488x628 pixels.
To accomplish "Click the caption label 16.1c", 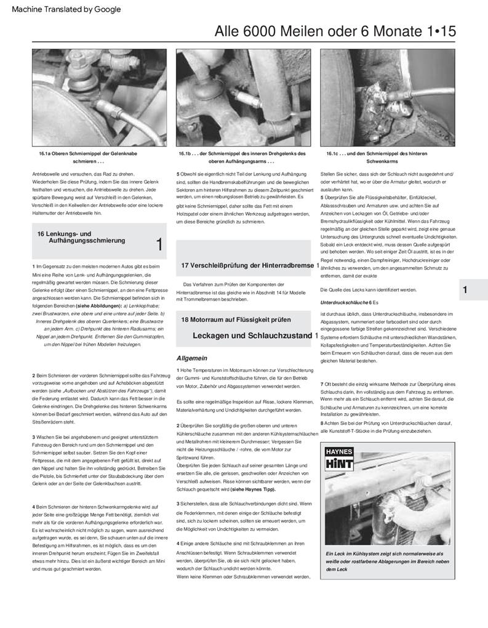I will coord(333,153).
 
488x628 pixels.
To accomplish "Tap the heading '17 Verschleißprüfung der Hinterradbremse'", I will coord(248,265).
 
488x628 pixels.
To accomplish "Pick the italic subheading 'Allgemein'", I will coord(191,358).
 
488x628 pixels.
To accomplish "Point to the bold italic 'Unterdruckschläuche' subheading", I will coord(344,303).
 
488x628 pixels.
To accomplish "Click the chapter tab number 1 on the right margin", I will coord(465,290).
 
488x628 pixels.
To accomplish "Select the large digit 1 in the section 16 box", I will coord(159,245).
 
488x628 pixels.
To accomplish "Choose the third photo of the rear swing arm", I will coord(387,97).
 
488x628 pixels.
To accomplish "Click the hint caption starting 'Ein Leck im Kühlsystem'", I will coord(388,561).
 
